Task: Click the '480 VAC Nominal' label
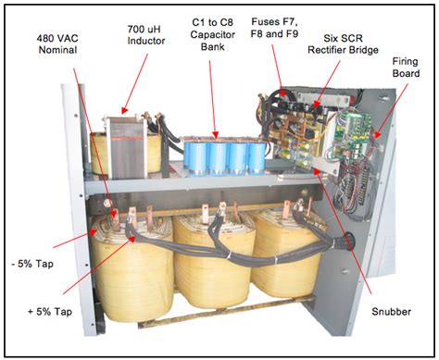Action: coord(56,43)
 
